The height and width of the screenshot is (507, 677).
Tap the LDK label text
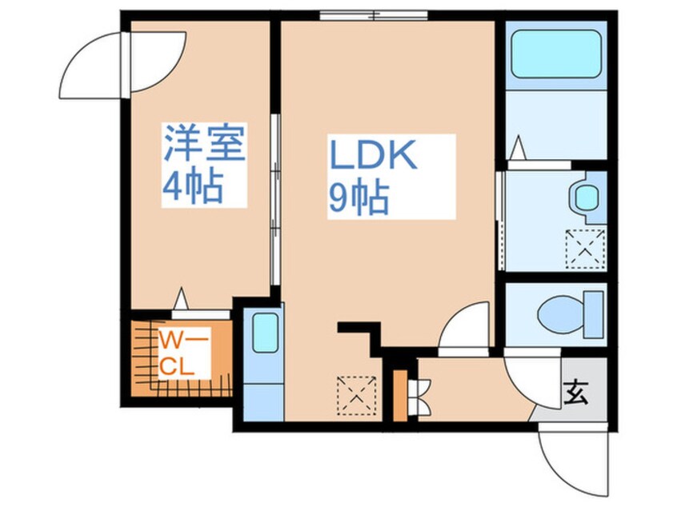pos(373,156)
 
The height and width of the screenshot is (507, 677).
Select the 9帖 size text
pos(359,198)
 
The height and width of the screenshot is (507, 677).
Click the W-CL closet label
pos(183,355)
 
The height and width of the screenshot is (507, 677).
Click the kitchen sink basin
pos(264,333)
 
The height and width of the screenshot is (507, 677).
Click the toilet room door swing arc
pos(463,328)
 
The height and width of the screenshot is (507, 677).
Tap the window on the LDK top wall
pos(373,14)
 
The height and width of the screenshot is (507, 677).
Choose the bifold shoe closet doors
pos(418,395)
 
